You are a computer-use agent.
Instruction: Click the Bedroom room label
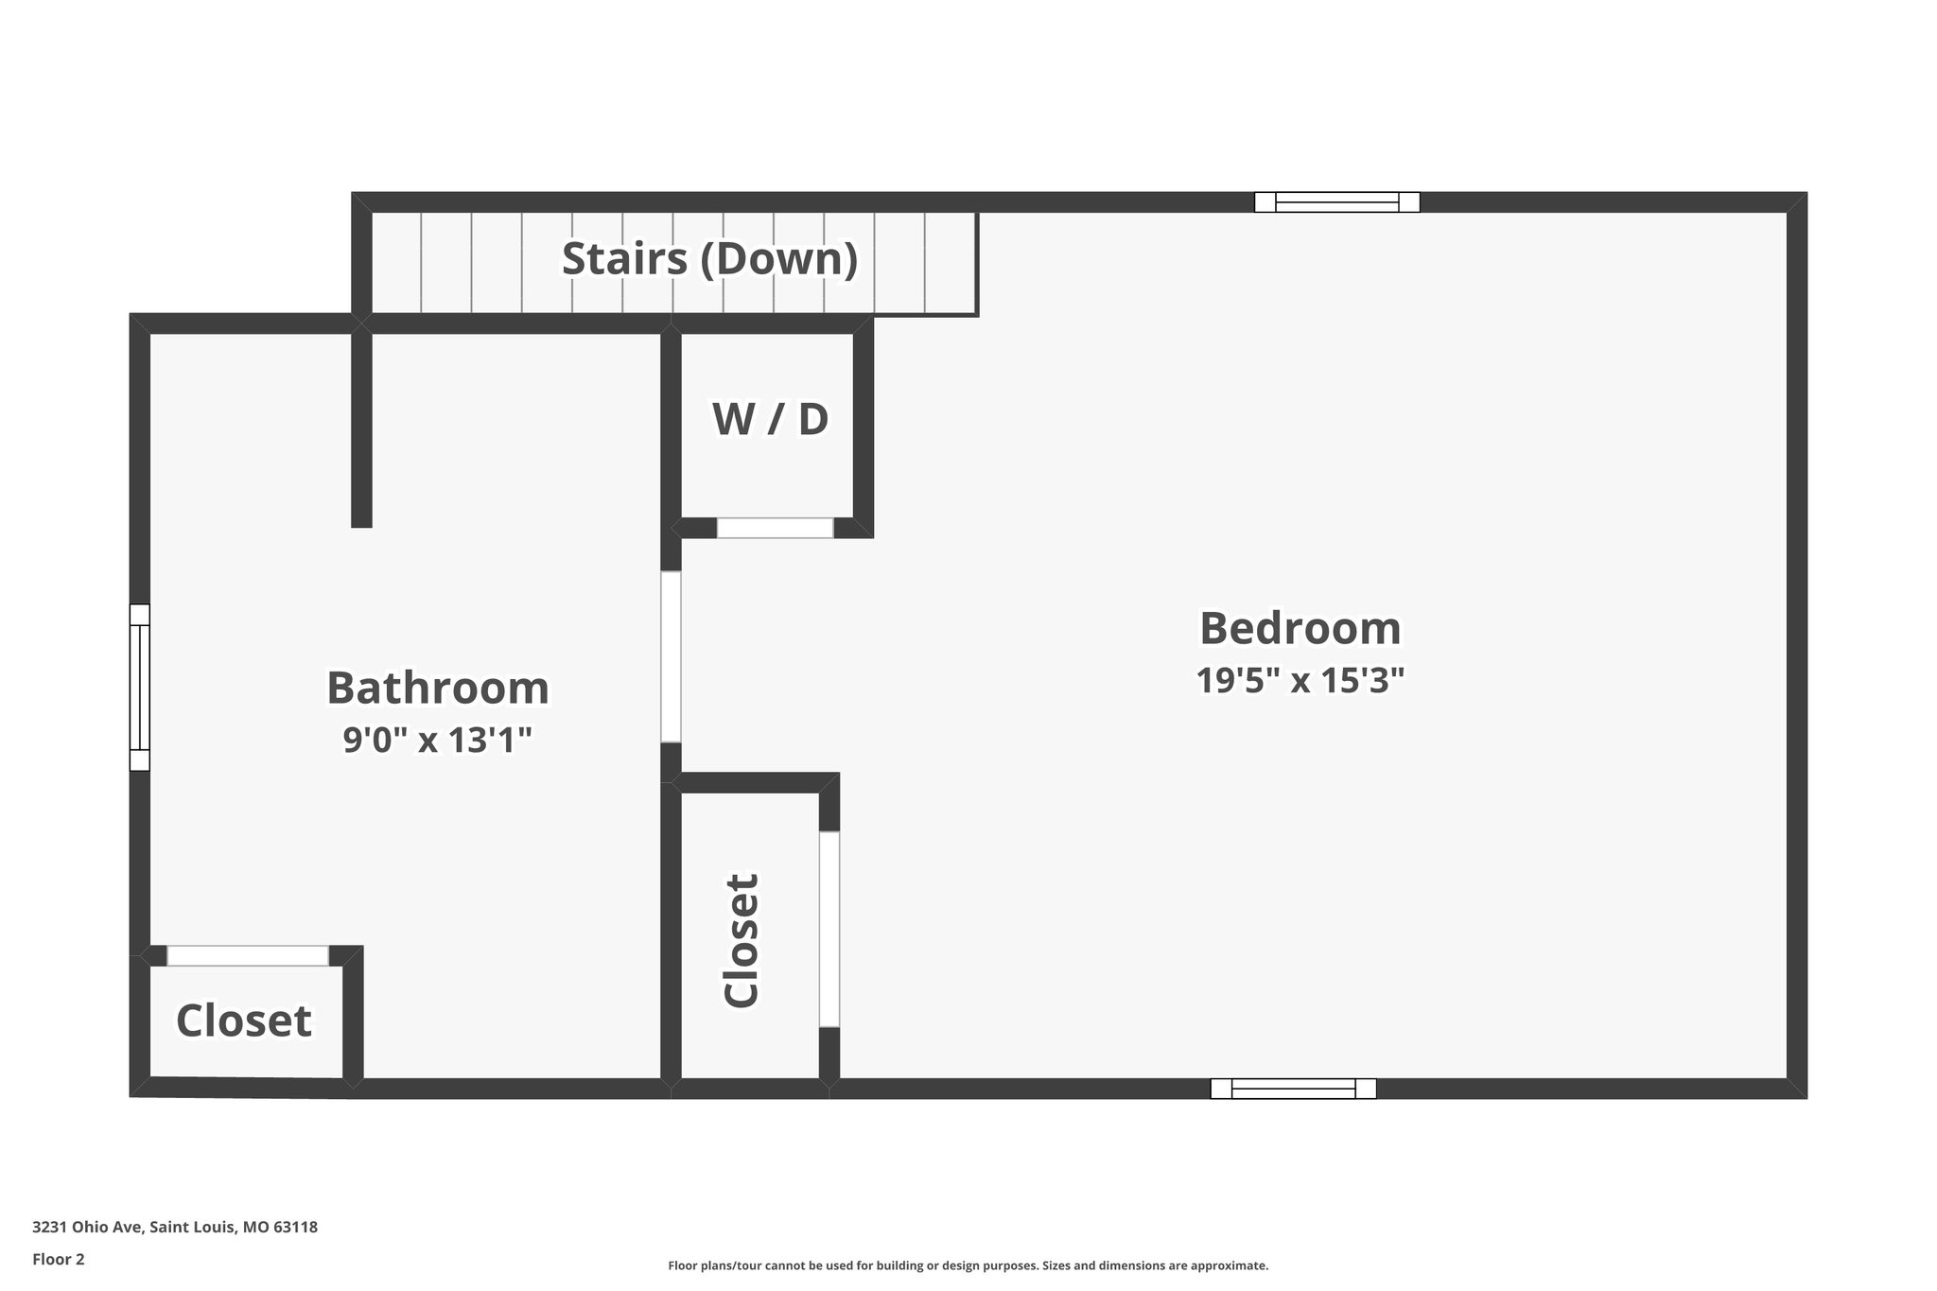coord(1300,629)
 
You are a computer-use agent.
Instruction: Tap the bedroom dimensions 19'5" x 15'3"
coord(1300,681)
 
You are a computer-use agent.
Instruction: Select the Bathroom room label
coord(437,689)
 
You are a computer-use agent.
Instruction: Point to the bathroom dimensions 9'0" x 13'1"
coord(437,740)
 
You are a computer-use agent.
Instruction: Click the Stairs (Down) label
coord(709,259)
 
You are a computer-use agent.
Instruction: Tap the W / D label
coord(770,419)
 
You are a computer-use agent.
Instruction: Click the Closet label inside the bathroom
coord(244,1021)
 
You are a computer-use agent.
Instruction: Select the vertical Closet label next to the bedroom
coord(742,940)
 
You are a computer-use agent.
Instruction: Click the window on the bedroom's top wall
coord(1336,201)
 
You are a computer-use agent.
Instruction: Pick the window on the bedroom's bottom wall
coord(1293,1089)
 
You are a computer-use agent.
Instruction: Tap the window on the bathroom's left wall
coord(139,687)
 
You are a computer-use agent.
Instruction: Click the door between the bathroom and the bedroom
coord(671,656)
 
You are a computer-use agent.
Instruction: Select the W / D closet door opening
coord(775,528)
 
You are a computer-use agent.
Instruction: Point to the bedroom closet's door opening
coord(829,929)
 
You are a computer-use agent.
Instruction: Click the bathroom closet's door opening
coord(248,955)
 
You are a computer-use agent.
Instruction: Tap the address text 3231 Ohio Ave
coord(174,1227)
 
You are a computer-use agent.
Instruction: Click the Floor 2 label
coord(59,1259)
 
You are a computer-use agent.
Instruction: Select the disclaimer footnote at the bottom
coord(968,1265)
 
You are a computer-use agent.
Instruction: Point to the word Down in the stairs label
coord(777,259)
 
